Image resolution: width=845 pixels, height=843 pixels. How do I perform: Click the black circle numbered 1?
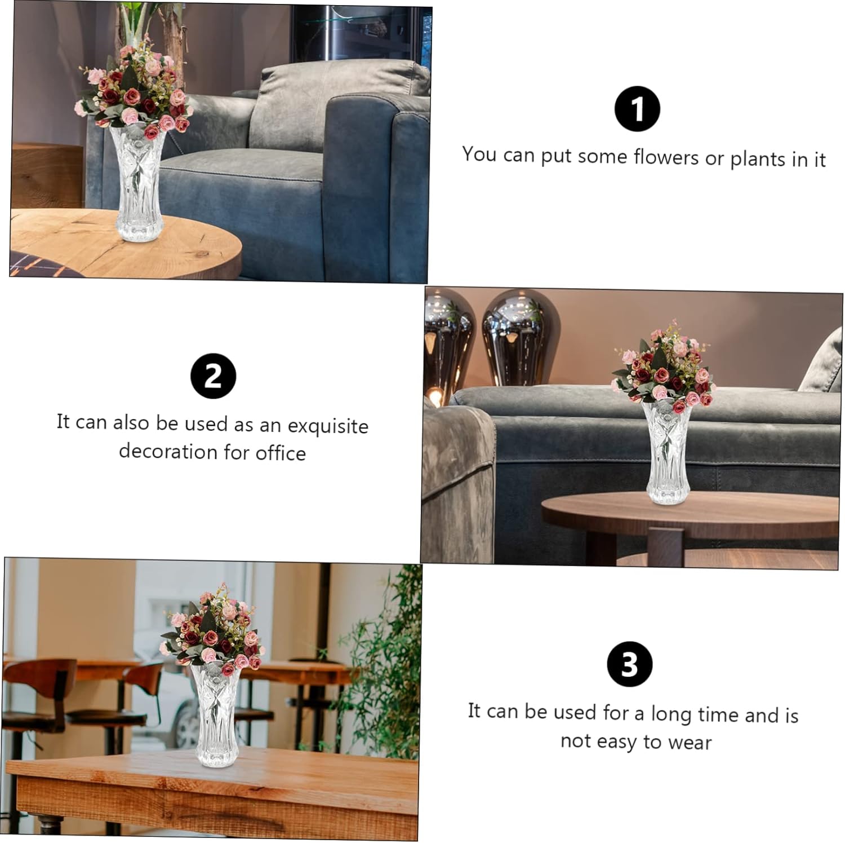[x=637, y=109]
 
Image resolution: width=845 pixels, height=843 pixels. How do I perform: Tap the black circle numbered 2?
[x=213, y=376]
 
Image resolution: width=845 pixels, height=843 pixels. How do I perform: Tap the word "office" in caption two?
[x=281, y=452]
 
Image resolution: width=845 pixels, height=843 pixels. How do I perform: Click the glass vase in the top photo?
[x=137, y=182]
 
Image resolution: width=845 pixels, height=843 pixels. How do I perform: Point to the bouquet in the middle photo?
[x=664, y=369]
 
